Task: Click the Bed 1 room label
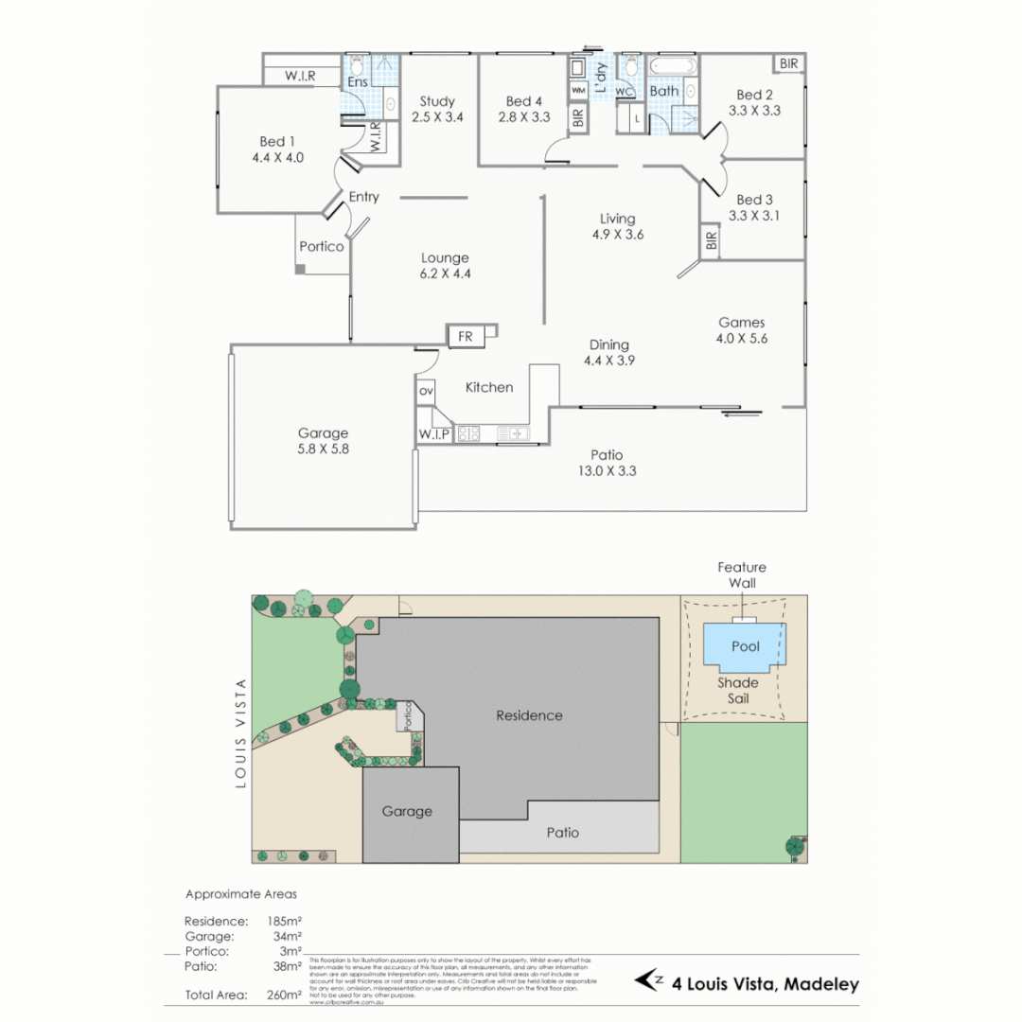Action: pos(277,142)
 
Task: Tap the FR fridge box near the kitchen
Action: pos(466,336)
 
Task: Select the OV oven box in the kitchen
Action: pos(426,391)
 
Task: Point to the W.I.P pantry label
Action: pos(434,434)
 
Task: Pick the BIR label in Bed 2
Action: pos(789,63)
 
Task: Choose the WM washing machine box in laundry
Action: pos(577,90)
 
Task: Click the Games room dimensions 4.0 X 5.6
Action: pos(742,338)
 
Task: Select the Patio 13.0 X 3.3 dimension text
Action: pos(607,470)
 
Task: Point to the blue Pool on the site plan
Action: pos(745,647)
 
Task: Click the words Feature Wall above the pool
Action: pos(742,575)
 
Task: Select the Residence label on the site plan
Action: pos(529,715)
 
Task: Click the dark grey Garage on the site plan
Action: pos(408,812)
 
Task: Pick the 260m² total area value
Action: pos(284,995)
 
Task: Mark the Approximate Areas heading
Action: pos(240,893)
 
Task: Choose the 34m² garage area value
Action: pos(286,936)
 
